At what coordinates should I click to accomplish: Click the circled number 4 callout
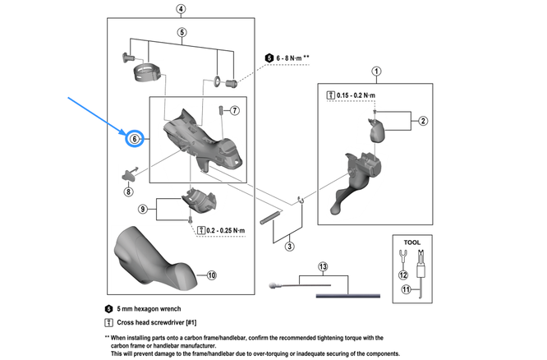181,10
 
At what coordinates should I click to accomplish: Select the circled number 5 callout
182,32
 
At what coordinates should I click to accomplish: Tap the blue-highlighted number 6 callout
134,140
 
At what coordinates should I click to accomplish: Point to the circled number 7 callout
234,110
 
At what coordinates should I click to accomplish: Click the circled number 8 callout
128,192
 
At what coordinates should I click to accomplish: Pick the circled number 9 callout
143,210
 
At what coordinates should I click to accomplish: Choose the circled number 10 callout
210,275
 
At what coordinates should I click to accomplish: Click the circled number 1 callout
376,71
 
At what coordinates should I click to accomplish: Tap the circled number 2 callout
423,122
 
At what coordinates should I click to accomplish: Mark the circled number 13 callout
322,267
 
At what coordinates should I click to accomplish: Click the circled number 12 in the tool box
402,275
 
